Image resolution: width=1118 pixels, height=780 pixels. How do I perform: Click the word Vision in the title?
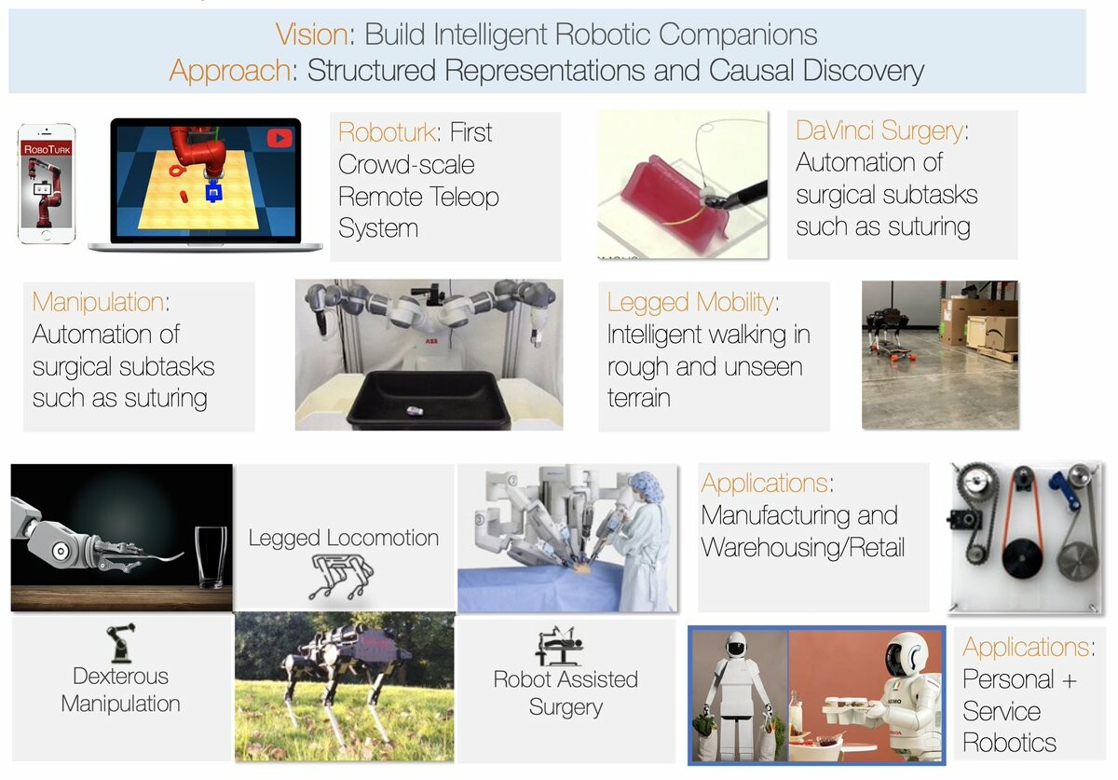[311, 34]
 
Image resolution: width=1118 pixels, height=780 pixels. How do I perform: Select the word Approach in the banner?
[229, 71]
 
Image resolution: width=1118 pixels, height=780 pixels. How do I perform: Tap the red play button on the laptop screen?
[279, 138]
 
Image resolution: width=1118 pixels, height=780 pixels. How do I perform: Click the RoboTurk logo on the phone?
[47, 149]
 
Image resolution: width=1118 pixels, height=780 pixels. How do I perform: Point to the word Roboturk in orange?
[388, 132]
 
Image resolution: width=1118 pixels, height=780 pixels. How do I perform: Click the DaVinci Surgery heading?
[879, 130]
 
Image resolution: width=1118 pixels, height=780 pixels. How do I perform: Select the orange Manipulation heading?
[99, 302]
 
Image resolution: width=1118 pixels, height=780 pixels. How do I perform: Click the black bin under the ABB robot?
[429, 401]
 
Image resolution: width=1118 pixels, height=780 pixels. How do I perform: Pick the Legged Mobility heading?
[690, 302]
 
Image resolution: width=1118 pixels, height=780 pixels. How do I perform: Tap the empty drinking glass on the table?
[211, 556]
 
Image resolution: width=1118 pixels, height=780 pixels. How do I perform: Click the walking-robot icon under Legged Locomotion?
[341, 577]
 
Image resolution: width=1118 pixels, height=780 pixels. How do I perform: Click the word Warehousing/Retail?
[802, 547]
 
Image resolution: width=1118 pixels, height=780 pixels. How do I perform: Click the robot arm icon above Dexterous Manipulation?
[121, 642]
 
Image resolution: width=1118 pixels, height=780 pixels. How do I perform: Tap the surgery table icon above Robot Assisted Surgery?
[558, 646]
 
